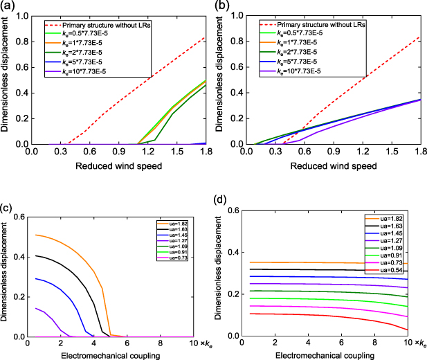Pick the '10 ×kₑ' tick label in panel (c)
click(202, 344)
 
